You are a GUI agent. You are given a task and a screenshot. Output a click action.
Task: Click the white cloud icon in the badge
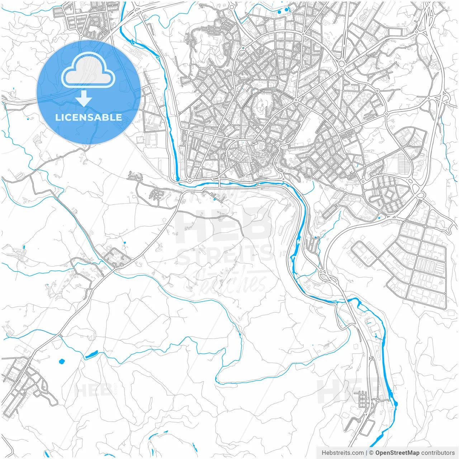(88, 70)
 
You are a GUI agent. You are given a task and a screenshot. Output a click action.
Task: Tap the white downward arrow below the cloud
(84, 99)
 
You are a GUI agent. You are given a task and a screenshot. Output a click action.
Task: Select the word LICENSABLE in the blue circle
(89, 117)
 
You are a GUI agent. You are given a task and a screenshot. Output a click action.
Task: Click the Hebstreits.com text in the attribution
(342, 453)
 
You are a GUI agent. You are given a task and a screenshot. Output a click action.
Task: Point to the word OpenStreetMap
(397, 453)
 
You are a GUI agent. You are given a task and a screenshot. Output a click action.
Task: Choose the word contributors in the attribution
(437, 453)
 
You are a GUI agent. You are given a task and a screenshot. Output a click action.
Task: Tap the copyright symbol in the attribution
(372, 453)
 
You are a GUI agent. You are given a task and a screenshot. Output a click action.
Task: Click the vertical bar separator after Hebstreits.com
(366, 453)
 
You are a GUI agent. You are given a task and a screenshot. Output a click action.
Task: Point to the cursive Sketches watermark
(226, 281)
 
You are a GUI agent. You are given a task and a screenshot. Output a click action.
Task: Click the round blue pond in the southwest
(61, 361)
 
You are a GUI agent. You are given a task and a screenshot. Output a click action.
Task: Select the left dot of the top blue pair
(279, 12)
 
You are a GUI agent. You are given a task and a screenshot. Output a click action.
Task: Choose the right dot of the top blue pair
(286, 9)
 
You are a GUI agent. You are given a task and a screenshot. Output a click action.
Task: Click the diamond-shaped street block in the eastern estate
(389, 195)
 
